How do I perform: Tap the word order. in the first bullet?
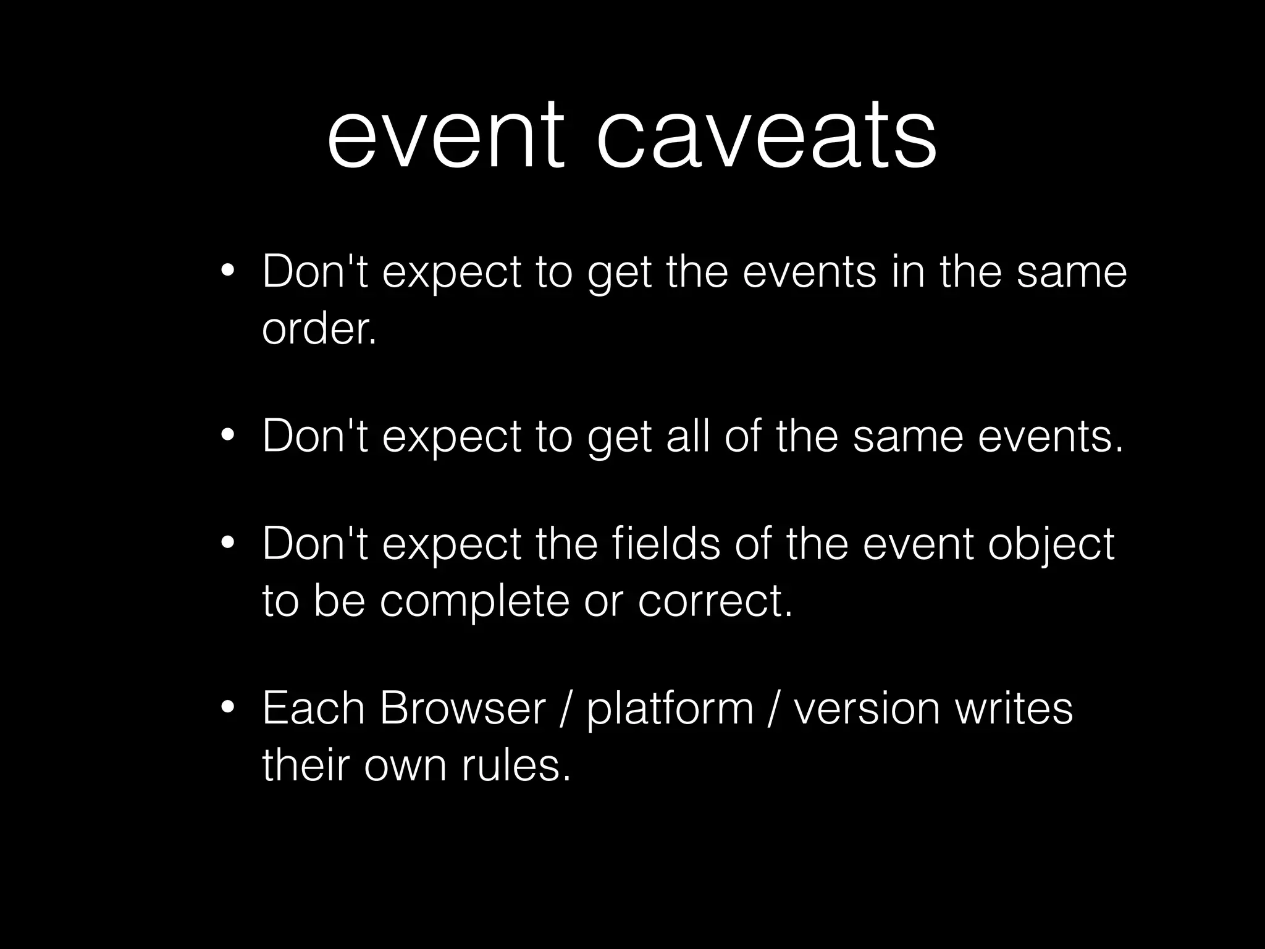(x=319, y=329)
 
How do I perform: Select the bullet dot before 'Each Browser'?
(x=227, y=708)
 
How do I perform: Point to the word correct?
(x=715, y=601)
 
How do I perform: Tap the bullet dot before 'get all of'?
(x=227, y=436)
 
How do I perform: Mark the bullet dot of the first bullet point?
(x=227, y=272)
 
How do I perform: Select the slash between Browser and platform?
(x=566, y=708)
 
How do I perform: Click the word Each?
(x=313, y=708)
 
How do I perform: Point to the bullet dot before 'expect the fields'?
(x=227, y=544)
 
